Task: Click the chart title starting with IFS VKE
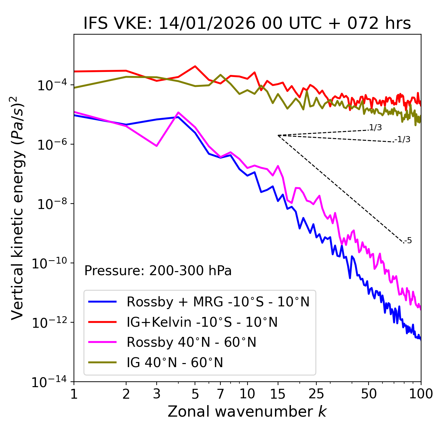247,24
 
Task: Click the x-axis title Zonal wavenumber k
247,412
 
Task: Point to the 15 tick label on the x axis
278,394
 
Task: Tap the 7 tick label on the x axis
220,394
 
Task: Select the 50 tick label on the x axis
369,394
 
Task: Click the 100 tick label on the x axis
421,394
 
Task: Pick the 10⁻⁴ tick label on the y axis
51,85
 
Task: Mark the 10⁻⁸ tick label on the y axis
51,204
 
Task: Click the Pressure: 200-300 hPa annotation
158,271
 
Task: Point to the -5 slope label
408,241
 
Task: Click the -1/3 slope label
403,139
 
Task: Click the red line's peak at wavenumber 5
195,66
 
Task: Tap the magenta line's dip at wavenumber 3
157,146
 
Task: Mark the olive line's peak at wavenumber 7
220,75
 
